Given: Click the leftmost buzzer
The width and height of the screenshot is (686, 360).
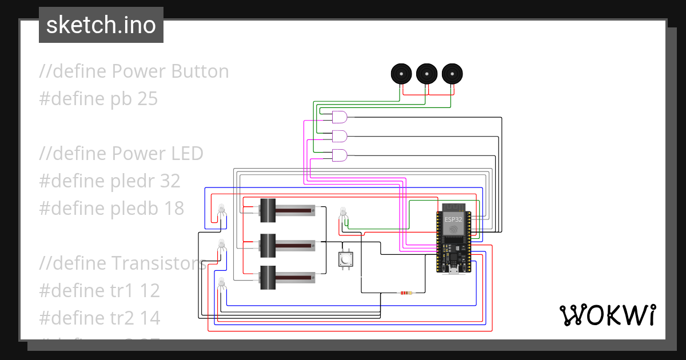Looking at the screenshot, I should point(401,74).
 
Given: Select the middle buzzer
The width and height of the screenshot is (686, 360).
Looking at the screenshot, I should point(426,74).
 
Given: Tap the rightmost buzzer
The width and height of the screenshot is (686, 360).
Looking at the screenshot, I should point(452,74).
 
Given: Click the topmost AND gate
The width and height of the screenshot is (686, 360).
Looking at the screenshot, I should point(340,117).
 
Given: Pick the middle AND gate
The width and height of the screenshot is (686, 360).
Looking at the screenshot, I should point(340,136).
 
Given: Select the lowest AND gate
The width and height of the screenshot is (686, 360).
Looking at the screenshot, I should point(340,155).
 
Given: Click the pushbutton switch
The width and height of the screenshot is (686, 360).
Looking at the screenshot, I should point(345,259).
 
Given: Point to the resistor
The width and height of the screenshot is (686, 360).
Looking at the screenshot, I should point(406,293).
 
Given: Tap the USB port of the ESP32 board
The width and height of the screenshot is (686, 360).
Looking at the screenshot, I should point(453,270).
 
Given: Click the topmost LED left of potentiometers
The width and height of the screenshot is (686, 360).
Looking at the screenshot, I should point(221,210).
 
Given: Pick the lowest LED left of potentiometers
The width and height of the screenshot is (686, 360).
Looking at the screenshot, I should point(221,282).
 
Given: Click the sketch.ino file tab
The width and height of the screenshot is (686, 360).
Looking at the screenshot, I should point(101,25).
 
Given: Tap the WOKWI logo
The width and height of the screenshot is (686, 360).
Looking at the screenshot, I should point(607,315).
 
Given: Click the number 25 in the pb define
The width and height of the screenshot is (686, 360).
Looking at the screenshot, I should point(147,99).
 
